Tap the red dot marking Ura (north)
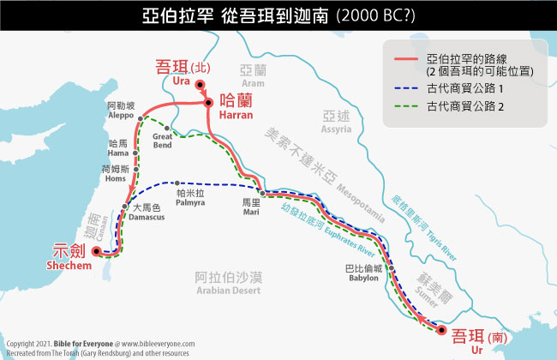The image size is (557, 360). [x=200, y=83]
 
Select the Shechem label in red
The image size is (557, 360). [x=72, y=259]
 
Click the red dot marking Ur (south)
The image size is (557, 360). [x=440, y=329]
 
